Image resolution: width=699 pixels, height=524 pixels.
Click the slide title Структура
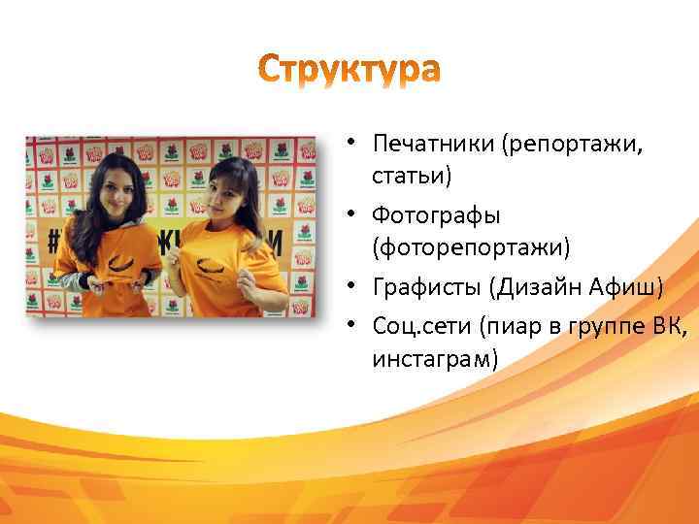pyautogui.click(x=349, y=70)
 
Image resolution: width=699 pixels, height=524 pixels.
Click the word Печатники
pyautogui.click(x=433, y=144)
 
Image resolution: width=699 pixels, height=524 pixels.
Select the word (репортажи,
pyautogui.click(x=573, y=144)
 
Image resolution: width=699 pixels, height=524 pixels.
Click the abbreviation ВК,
pyautogui.click(x=670, y=324)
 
